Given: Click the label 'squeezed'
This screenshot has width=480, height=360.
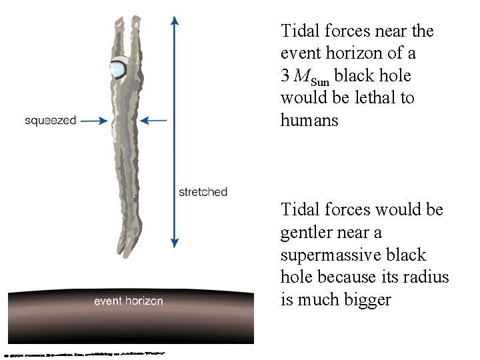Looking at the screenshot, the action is [51, 121].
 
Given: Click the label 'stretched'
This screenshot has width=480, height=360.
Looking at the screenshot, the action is [203, 192].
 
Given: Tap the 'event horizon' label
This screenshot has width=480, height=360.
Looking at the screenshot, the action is [128, 301].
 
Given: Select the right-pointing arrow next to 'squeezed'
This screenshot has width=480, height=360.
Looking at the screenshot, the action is [94, 121].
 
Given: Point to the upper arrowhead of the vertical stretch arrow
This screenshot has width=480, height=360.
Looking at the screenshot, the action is [175, 20].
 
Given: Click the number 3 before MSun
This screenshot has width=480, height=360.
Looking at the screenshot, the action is [285, 76].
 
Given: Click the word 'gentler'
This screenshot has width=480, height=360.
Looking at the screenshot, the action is [307, 233].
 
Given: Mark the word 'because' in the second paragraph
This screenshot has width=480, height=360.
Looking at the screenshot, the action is [339, 277].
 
